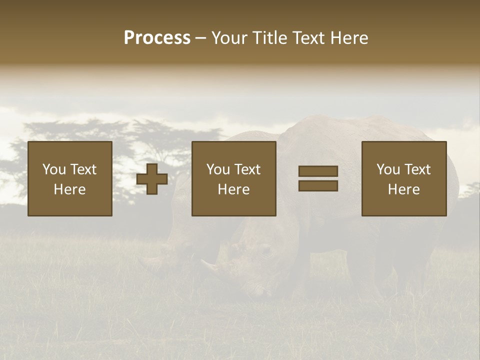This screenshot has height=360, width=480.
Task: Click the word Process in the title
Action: coord(157,38)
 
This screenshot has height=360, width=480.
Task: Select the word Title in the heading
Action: coord(269,38)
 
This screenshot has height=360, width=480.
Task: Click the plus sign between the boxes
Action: coord(152,179)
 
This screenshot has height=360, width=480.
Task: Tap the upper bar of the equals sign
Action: coord(318,171)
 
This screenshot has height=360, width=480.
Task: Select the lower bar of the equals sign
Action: coord(318,186)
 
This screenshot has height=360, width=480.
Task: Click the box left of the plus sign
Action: coord(70,178)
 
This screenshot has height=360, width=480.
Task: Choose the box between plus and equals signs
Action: coord(234,178)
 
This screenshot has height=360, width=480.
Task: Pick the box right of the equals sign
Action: coord(404,178)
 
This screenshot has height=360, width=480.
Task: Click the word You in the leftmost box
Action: coord(54,169)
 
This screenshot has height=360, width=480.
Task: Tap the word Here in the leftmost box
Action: coord(70,189)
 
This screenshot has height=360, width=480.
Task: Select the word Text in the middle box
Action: coord(247,169)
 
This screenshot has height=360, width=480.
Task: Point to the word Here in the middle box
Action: coord(234,189)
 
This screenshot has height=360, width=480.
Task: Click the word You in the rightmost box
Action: coord(388,169)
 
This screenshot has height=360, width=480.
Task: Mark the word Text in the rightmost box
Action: coord(417,169)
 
